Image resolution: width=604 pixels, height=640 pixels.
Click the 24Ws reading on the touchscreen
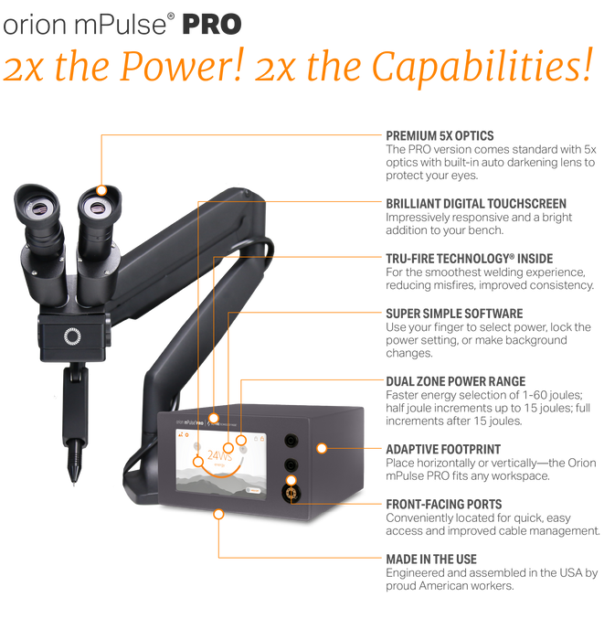[x=220, y=454]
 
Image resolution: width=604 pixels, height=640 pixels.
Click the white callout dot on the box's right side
[x=322, y=448]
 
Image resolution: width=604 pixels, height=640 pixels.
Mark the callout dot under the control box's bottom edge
[x=217, y=516]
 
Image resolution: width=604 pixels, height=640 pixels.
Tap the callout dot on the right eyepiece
[x=101, y=190]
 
